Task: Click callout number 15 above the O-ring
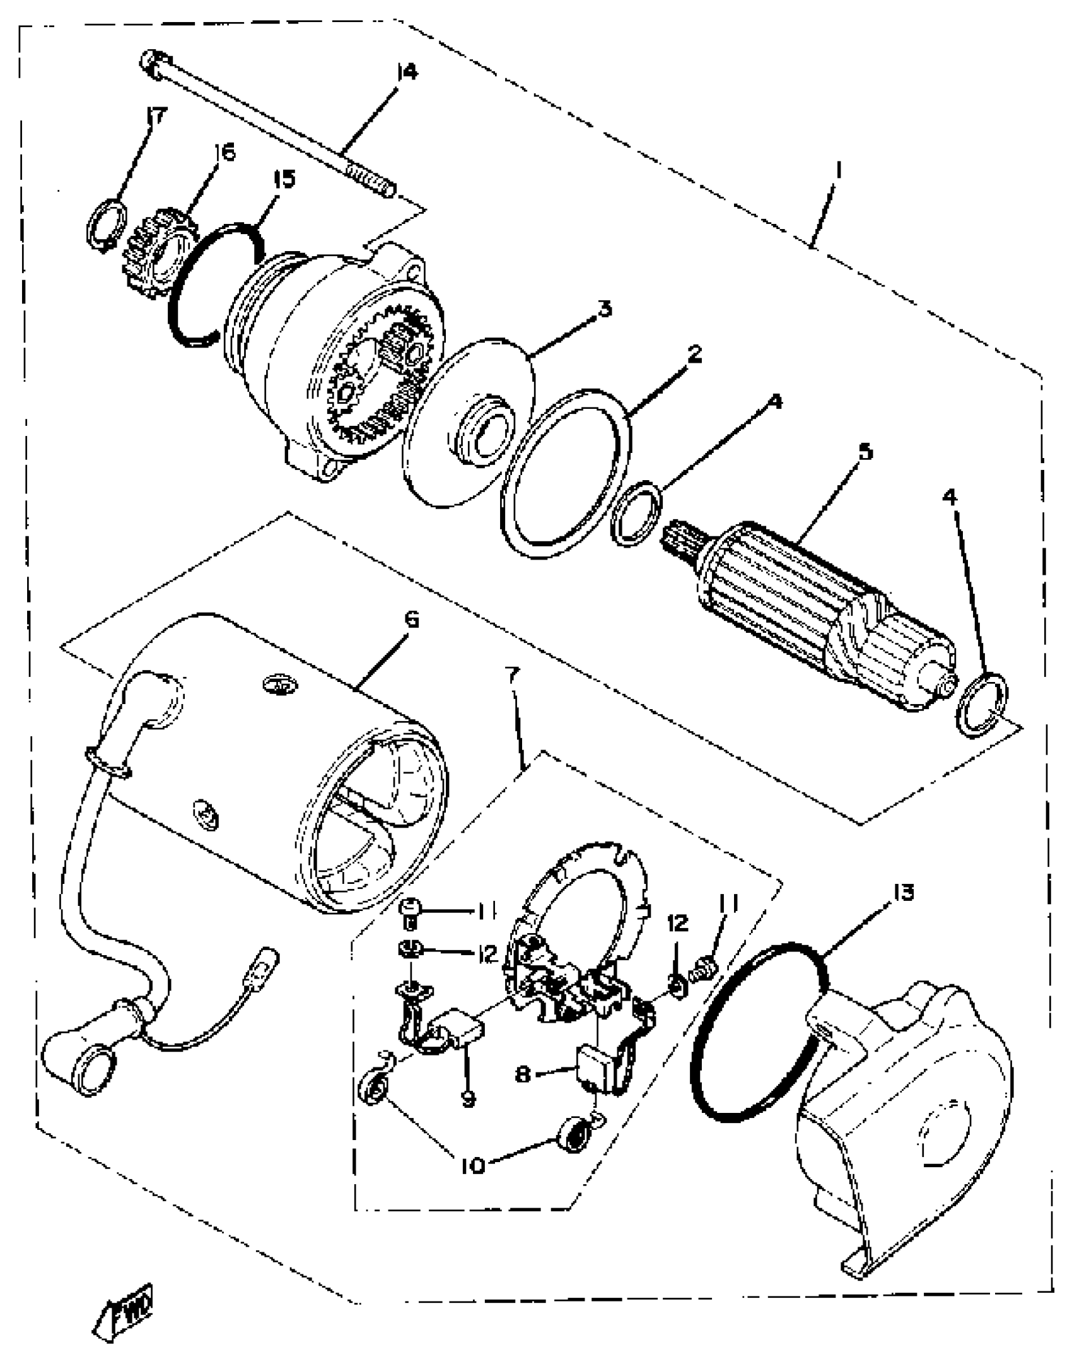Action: pos(283,179)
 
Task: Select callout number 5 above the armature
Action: pos(865,452)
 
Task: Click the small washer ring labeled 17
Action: pos(105,224)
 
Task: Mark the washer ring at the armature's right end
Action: pos(982,703)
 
